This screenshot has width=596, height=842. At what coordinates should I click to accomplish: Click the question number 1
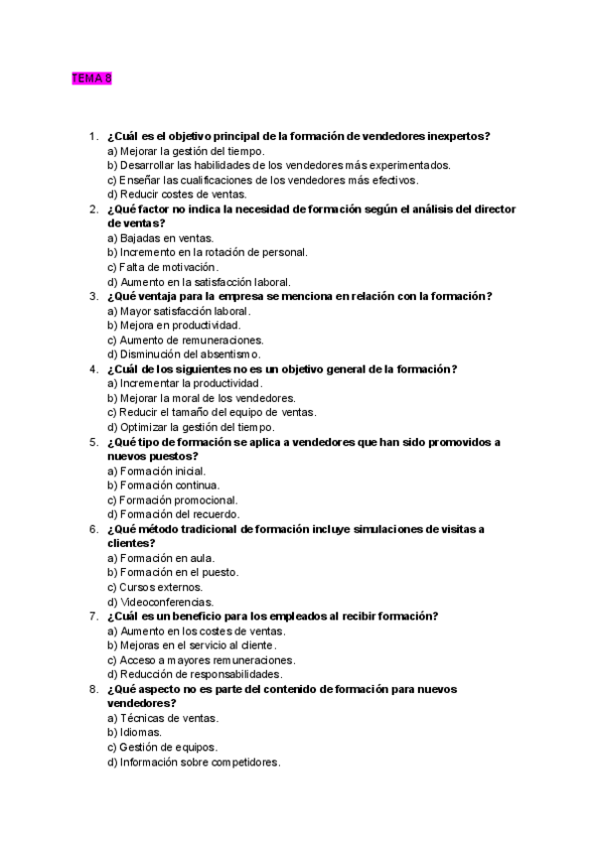[x=92, y=136]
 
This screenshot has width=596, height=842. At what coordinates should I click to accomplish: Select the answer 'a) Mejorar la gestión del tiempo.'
[x=186, y=151]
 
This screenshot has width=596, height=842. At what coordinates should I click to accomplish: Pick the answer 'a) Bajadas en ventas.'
[x=160, y=238]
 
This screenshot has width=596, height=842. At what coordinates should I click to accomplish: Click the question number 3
[x=92, y=296]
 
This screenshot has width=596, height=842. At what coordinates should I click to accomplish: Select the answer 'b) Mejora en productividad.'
[x=173, y=326]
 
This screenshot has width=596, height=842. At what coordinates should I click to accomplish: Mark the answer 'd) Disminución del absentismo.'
[x=184, y=354]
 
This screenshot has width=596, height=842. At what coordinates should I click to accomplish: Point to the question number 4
[x=92, y=369]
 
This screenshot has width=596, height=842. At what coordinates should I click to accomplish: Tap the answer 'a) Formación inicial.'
[x=157, y=471]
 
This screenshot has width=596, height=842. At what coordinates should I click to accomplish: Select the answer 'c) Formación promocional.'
[x=172, y=499]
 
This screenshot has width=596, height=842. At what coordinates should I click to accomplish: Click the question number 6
[x=92, y=528]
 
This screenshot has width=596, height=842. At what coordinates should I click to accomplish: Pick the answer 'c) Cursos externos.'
[x=154, y=587]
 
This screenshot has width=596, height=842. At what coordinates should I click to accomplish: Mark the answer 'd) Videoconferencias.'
[x=160, y=602]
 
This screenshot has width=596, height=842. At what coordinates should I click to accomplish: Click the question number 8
[x=92, y=689]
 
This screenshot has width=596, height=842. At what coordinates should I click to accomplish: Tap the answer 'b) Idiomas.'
[x=134, y=733]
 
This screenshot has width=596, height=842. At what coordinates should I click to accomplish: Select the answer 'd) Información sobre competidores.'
[x=194, y=763]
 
